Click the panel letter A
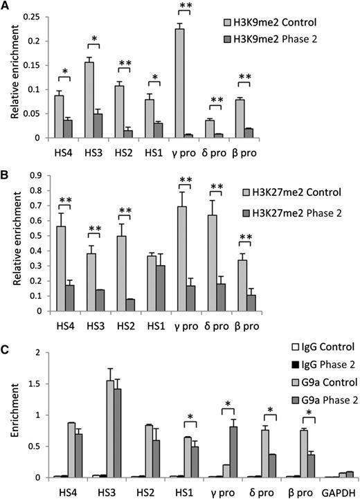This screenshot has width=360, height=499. coord(6,6)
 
